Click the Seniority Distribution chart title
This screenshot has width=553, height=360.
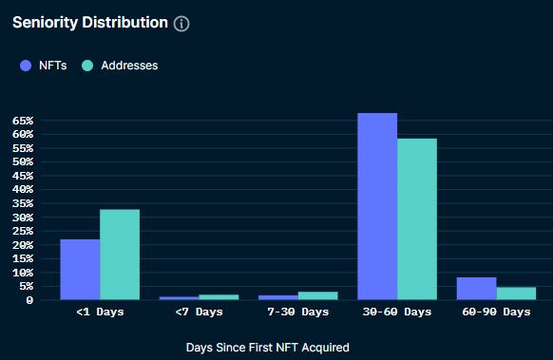point(89,22)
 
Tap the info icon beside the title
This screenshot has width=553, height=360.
point(181,23)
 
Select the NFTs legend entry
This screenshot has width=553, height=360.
point(44,66)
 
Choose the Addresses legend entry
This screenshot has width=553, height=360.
point(120,66)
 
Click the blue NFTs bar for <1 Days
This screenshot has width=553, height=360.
point(80,269)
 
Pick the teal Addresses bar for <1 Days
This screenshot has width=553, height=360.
point(120,255)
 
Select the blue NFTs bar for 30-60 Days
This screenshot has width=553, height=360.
point(377,206)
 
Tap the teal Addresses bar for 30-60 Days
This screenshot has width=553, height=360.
point(417,219)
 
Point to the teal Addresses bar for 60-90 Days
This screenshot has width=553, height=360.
point(516,294)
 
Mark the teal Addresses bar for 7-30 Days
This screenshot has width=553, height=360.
point(317,295)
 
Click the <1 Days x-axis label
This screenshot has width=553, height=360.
point(100,312)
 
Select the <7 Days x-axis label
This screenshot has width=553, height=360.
point(199,312)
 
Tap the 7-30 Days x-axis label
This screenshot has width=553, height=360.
point(297,312)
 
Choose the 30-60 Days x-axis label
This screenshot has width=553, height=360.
point(397,312)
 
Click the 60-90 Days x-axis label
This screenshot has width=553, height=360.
point(496,312)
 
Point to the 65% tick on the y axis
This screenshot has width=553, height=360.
point(24,121)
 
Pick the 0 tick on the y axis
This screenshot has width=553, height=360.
point(29,300)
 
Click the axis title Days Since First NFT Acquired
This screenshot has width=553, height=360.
point(267,348)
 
